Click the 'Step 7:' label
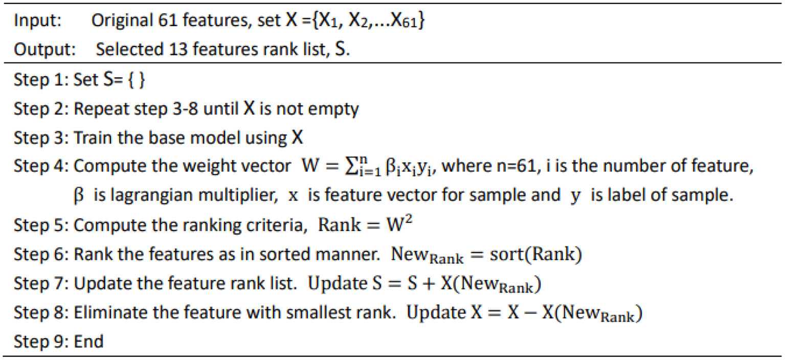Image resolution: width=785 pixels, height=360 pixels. pos(41,283)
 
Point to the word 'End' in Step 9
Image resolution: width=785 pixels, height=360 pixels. pos(88,341)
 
